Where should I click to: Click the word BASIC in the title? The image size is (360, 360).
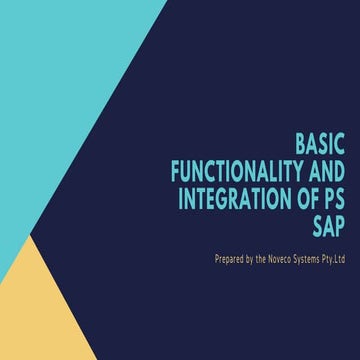point(321,142)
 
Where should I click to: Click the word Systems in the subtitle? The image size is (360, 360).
point(314,258)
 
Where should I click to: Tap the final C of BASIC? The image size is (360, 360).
point(341,142)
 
